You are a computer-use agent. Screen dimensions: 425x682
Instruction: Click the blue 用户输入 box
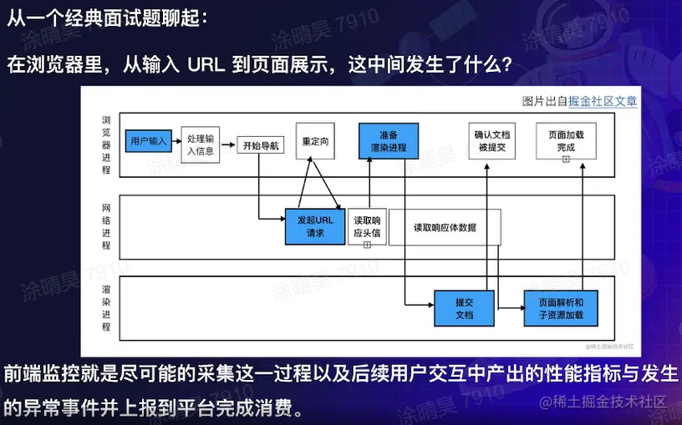coord(150,141)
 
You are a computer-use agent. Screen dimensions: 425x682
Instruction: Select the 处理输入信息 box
coord(201,144)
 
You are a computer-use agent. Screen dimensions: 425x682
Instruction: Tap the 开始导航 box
coord(262,145)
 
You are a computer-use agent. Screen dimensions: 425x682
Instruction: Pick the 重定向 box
coord(316,141)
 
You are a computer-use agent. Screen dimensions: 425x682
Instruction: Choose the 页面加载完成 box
coord(566,140)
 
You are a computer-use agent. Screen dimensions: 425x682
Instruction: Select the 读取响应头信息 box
coord(367,226)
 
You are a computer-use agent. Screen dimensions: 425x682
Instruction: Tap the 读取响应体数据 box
coord(445,226)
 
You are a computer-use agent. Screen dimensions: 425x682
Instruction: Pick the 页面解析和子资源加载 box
coord(561,308)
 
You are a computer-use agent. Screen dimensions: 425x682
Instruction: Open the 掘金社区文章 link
coord(603,101)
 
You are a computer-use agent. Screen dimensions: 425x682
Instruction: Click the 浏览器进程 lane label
coord(105,144)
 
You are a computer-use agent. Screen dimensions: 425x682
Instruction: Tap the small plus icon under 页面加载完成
coord(566,158)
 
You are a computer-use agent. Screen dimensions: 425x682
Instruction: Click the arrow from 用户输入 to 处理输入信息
coord(176,141)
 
